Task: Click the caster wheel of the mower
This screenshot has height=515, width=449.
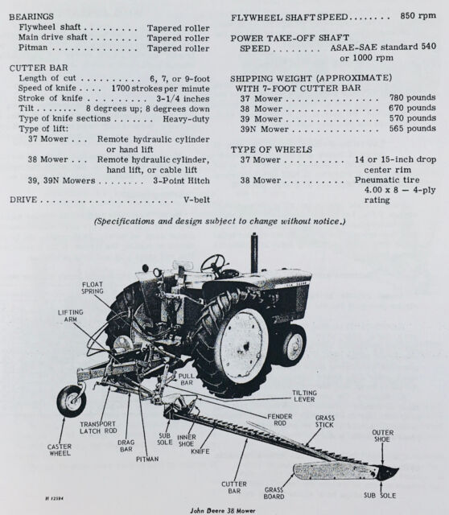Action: pos(72,401)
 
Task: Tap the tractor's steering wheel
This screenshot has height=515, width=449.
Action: pos(213,264)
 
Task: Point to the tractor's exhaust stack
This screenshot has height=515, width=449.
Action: pos(254,252)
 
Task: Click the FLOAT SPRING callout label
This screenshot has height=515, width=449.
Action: pos(93,288)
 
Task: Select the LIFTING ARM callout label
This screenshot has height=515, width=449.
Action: pos(70,315)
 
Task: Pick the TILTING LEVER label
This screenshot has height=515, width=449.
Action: pos(304,396)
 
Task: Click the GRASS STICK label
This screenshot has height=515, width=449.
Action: pos(324,422)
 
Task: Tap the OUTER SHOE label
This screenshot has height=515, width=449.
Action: pos(383,436)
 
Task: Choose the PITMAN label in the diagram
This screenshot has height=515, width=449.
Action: pos(147,459)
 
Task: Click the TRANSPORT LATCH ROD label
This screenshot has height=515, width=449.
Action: pos(98,427)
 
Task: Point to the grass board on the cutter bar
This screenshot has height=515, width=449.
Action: pos(335,471)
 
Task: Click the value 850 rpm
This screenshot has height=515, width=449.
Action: pos(418,16)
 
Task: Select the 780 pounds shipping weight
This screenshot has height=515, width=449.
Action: pos(413,97)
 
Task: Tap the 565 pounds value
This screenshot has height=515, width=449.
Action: pos(413,129)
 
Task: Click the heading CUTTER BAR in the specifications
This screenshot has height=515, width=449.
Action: pos(39,68)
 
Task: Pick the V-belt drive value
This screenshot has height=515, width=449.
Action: pos(196,200)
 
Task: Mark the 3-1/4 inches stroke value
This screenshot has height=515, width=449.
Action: pos(183,98)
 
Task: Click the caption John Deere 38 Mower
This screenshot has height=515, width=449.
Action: pos(223,510)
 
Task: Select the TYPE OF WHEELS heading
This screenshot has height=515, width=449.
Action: pos(271,150)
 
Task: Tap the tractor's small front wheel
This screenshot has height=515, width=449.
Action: pos(294,345)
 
